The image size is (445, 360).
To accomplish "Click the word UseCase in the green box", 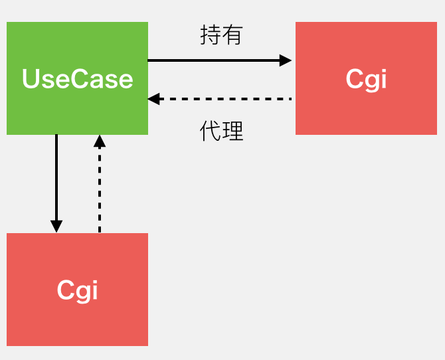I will click(77, 79).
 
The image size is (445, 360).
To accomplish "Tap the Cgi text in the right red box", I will click(366, 79).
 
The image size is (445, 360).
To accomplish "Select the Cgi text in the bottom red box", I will click(77, 290).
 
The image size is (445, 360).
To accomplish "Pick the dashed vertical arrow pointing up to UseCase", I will click(100, 186).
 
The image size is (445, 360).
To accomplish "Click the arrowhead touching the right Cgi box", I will click(286, 60).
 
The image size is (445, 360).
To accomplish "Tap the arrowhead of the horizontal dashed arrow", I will click(154, 99).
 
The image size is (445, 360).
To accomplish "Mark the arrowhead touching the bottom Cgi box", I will click(56, 226).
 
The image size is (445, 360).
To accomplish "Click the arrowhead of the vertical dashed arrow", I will click(100, 141).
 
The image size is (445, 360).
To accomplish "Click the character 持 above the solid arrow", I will click(211, 35).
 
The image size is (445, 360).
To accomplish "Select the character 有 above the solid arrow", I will click(232, 35).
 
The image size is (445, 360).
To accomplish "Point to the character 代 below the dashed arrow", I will click(211, 132).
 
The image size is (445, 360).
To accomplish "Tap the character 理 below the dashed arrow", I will click(232, 132).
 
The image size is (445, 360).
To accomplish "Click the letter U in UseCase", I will click(30, 79).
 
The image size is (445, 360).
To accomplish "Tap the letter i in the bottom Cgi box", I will click(94, 290).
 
